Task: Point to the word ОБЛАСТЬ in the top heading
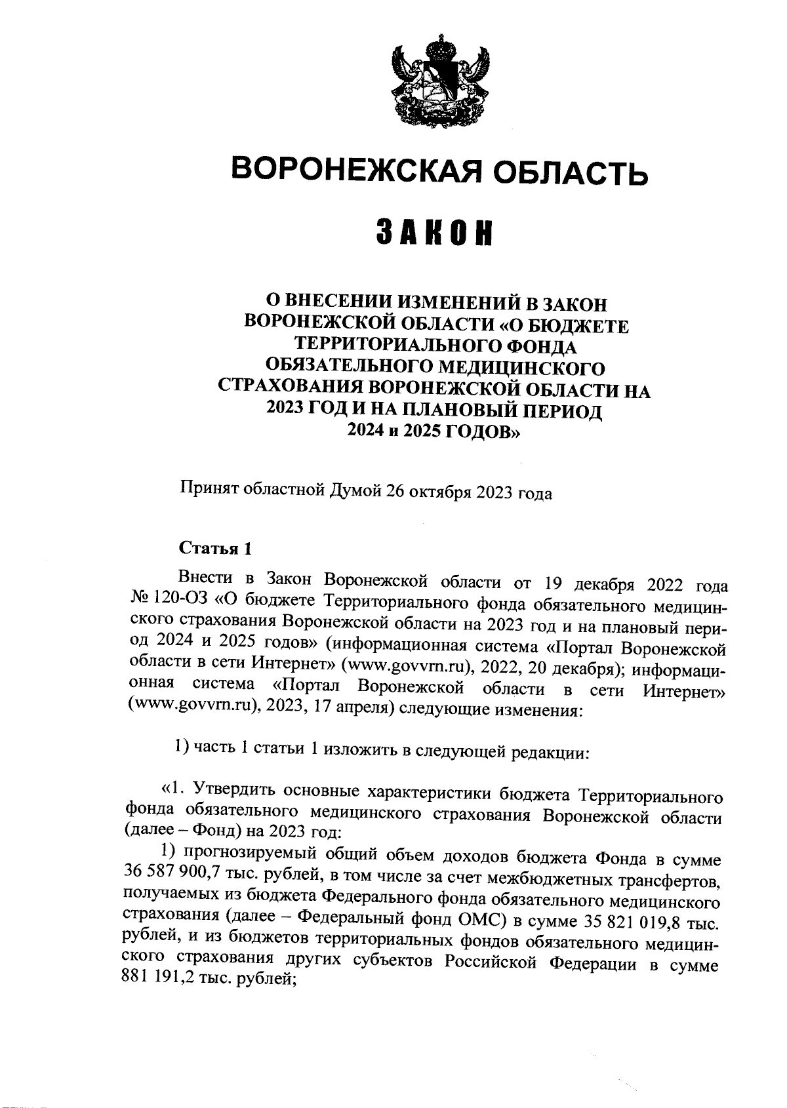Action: point(568,172)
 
